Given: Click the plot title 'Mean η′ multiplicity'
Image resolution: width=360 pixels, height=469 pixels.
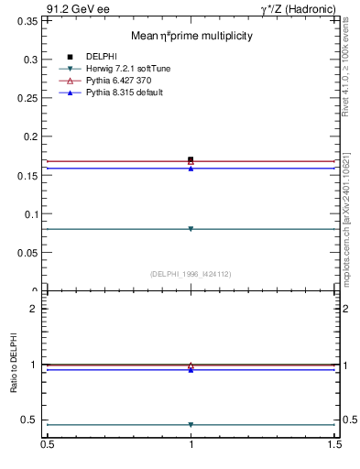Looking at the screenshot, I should click(x=191, y=36).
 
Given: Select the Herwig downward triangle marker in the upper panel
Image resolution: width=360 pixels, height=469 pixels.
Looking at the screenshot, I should click(x=191, y=229).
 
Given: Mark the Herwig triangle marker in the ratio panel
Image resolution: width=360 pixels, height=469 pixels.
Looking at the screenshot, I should click(x=191, y=425).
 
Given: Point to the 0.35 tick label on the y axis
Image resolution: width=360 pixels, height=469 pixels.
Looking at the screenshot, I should click(x=28, y=20).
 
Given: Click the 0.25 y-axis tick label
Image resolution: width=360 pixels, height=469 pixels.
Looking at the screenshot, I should click(x=28, y=98).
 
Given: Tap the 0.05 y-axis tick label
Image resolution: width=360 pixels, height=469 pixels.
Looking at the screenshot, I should click(x=28, y=253).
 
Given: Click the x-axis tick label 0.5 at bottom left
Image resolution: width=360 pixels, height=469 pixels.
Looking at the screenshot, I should click(x=47, y=446).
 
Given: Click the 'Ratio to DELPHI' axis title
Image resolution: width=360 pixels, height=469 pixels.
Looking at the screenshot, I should click(x=15, y=364).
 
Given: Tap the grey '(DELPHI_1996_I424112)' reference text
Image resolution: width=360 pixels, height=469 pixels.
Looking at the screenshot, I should click(x=191, y=273).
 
